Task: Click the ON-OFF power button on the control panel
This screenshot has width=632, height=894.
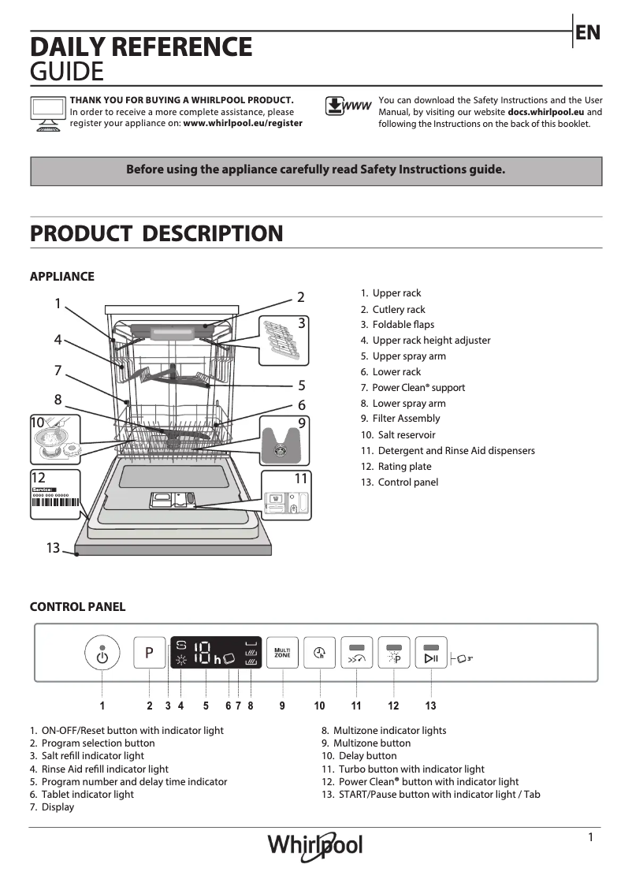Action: [102, 653]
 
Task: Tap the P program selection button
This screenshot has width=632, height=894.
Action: [150, 653]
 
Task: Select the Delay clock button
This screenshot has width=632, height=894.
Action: [320, 653]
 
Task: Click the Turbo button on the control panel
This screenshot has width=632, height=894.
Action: [357, 654]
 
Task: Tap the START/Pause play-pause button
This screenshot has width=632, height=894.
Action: [431, 654]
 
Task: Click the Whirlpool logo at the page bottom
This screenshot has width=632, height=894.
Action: [315, 846]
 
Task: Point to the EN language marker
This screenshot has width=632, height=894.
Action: [588, 32]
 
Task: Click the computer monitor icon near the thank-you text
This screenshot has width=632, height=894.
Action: [48, 111]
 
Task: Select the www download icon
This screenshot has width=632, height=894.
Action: [348, 106]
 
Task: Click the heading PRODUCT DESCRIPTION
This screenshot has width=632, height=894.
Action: [156, 233]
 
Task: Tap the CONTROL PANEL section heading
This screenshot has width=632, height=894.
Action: [77, 606]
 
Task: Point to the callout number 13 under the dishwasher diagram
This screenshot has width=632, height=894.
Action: [53, 548]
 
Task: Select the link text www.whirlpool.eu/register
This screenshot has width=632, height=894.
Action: [243, 124]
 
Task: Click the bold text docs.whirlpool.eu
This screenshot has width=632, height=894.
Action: [550, 112]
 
